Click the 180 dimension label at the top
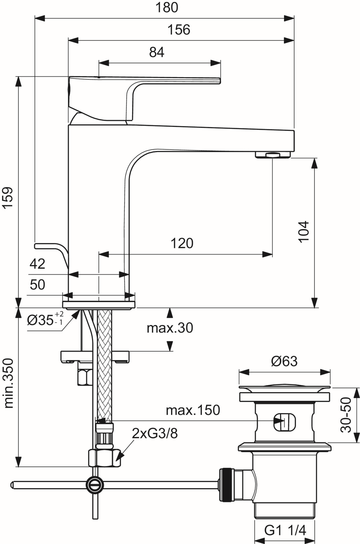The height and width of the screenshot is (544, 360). (166, 7)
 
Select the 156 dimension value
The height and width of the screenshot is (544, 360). (178, 30)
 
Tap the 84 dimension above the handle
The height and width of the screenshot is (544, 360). (157, 52)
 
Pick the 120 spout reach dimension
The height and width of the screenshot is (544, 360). (182, 243)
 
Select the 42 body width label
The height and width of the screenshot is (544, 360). (37, 264)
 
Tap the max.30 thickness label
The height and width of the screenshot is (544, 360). (170, 328)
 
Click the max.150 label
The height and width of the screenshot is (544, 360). (193, 410)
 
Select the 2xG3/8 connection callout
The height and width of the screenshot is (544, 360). (155, 433)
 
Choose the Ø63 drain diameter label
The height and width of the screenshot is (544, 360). (284, 361)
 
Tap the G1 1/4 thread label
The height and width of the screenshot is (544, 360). (285, 531)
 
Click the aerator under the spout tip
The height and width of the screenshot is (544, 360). (273, 155)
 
